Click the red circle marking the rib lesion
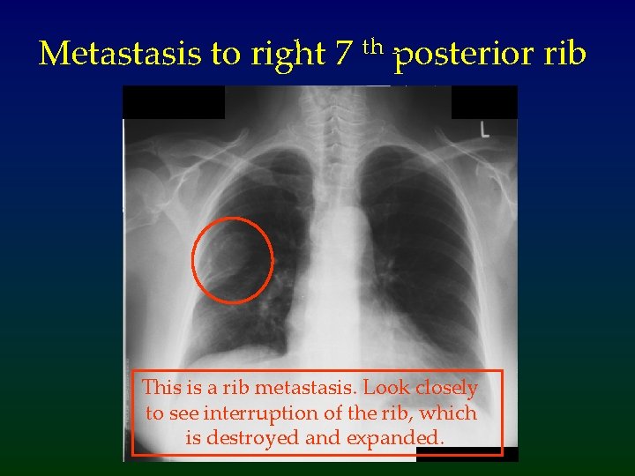(233, 258)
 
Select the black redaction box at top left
(174, 102)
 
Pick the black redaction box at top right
(484, 102)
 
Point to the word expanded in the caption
(401, 437)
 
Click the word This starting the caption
(161, 388)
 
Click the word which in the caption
(451, 413)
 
